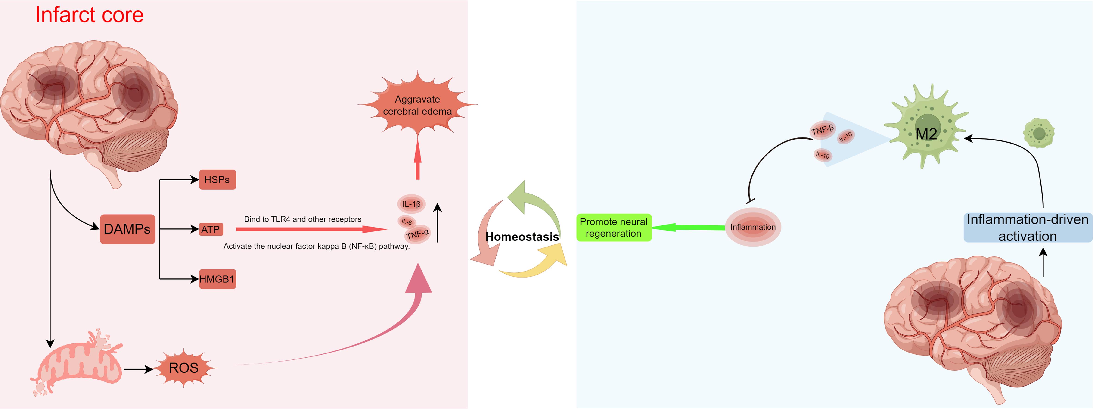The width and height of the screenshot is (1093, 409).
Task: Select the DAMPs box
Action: pyautogui.click(x=127, y=229)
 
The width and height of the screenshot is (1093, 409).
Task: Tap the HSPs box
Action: pyautogui.click(x=217, y=179)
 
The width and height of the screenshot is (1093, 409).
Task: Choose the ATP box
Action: pyautogui.click(x=211, y=230)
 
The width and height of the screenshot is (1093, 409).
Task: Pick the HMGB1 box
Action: pyautogui.click(x=217, y=279)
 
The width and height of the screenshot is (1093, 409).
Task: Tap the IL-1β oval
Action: pyautogui.click(x=411, y=204)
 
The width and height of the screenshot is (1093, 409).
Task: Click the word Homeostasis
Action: pyautogui.click(x=522, y=237)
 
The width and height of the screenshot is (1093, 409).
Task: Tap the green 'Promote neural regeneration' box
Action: pyautogui.click(x=614, y=227)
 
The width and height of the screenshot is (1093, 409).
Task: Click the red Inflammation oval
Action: pyautogui.click(x=753, y=227)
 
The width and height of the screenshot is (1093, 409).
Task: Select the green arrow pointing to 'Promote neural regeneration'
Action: pyautogui.click(x=687, y=227)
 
